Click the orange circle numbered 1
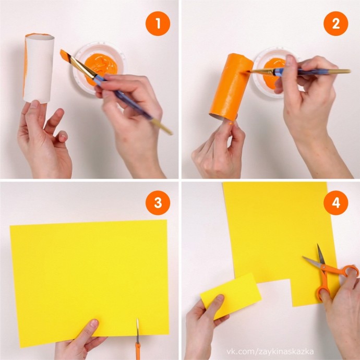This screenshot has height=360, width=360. coord(158,23)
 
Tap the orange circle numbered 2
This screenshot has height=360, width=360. coord(335,23)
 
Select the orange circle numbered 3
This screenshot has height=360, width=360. coord(158,203)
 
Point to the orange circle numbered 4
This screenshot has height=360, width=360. coord(335,203)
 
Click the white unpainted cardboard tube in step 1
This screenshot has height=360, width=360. coord(39,68)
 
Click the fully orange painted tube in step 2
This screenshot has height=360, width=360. coord(230,87)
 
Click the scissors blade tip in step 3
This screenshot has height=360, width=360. coord(137,319)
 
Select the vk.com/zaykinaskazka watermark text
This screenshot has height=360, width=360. coord(270,351)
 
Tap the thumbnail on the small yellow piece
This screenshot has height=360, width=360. coord(220,297)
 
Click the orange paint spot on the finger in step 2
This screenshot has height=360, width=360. coord(231,123)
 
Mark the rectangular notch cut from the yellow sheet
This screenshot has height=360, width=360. coord(274,292)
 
